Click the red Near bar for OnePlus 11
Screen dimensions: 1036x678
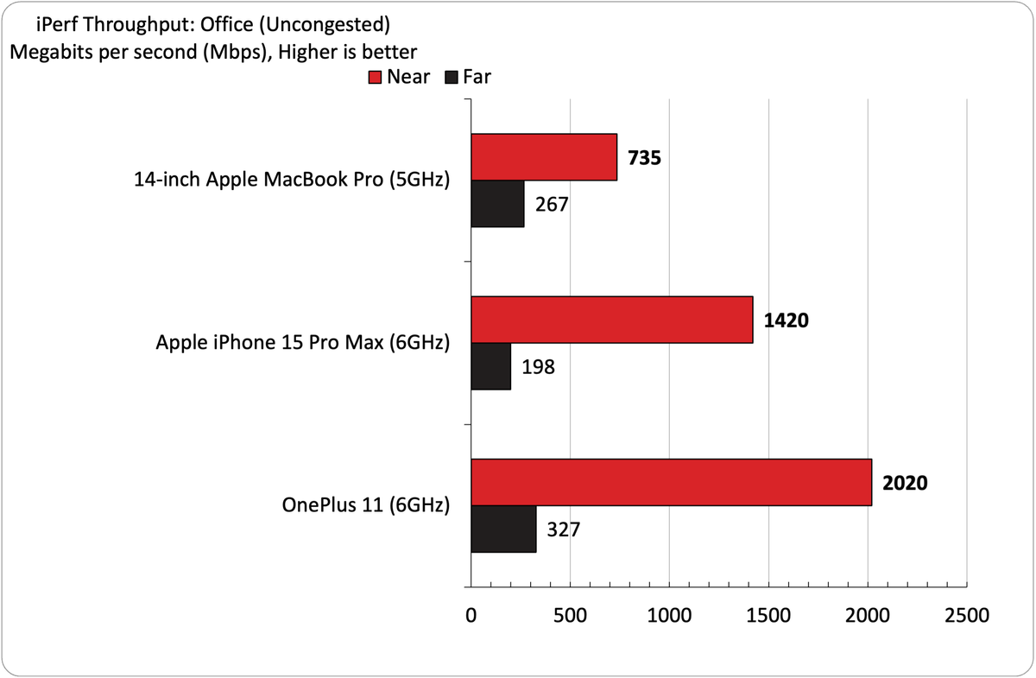click(x=672, y=482)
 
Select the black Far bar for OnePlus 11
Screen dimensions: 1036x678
click(x=503, y=529)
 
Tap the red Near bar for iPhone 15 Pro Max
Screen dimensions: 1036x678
click(x=612, y=320)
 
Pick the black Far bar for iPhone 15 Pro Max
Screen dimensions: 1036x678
click(x=491, y=366)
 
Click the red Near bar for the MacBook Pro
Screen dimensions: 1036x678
click(x=544, y=157)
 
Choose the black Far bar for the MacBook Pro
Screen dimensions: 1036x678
click(x=497, y=204)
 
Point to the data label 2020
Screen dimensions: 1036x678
click(x=905, y=483)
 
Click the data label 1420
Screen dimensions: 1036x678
click(x=786, y=320)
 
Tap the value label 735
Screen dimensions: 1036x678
click(x=644, y=157)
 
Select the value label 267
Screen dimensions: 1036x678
click(x=552, y=205)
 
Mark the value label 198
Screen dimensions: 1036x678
click(x=539, y=367)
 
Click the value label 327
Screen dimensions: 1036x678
click(x=563, y=529)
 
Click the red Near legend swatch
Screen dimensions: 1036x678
click(x=375, y=77)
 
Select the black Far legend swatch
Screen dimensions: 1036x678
click(x=451, y=77)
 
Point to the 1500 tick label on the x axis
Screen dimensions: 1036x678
click(x=768, y=616)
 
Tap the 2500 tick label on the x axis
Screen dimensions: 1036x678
click(x=967, y=616)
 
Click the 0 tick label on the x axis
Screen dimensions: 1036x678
click(x=471, y=616)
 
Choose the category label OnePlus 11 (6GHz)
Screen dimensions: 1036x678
click(x=366, y=505)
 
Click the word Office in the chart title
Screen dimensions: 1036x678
click(x=226, y=24)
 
